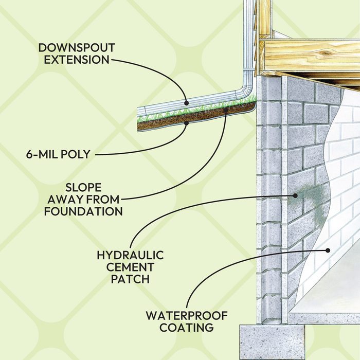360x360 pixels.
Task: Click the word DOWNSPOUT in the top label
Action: pyautogui.click(x=78, y=48)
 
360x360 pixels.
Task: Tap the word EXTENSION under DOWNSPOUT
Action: pyautogui.click(x=77, y=60)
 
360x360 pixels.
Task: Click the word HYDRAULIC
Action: pyautogui.click(x=131, y=255)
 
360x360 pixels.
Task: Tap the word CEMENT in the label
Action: pyautogui.click(x=131, y=267)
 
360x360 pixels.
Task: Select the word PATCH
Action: pyautogui.click(x=131, y=279)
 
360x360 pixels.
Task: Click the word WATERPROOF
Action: pyautogui.click(x=186, y=316)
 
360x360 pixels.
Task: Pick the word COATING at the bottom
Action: pyautogui.click(x=186, y=328)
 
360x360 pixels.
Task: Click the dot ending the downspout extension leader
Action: pyautogui.click(x=187, y=103)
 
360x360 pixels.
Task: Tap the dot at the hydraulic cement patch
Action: pyautogui.click(x=295, y=195)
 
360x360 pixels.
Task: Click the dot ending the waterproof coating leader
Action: pyautogui.click(x=327, y=250)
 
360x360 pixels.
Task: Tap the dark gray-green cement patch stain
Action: pyautogui.click(x=314, y=201)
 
